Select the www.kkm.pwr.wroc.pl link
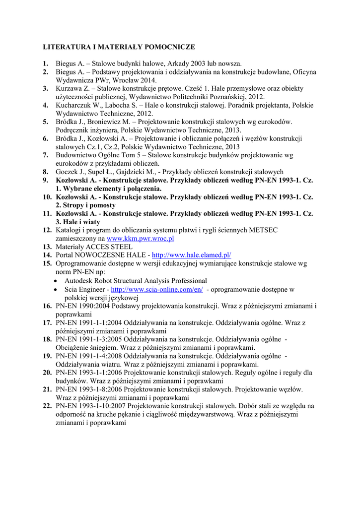click(x=141, y=239)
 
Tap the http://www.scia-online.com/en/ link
click(x=157, y=289)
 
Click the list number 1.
click(x=45, y=63)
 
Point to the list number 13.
click(x=47, y=247)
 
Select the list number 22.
click(x=47, y=406)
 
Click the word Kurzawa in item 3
click(x=68, y=88)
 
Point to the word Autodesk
click(x=79, y=281)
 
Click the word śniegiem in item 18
click(x=105, y=347)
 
